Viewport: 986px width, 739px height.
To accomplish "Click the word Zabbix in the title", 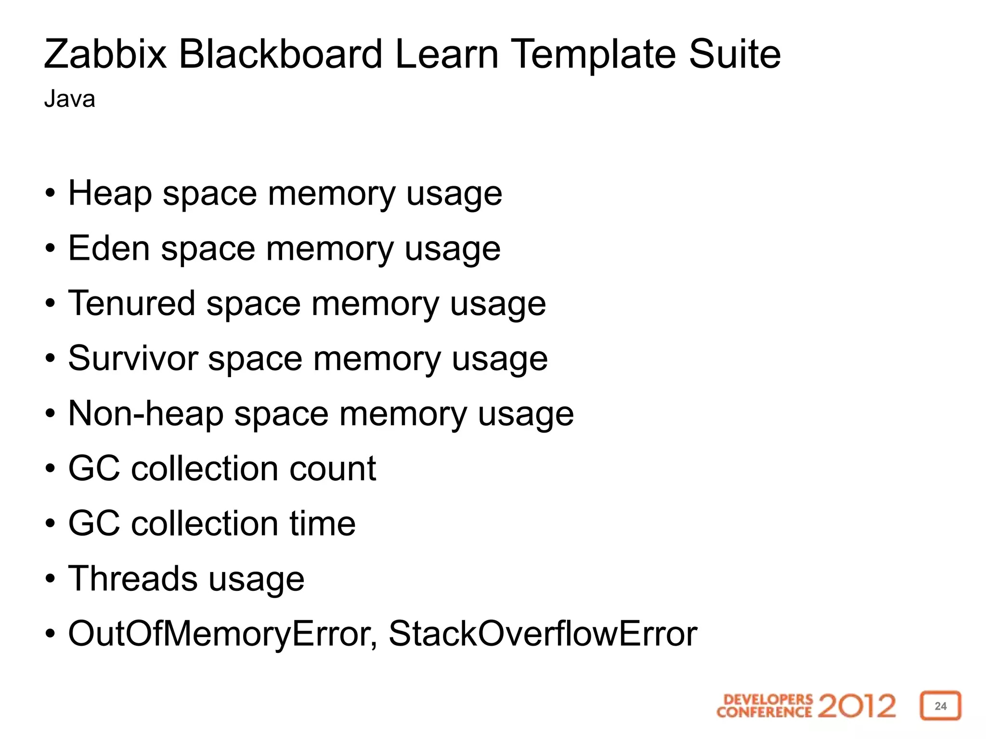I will [105, 54].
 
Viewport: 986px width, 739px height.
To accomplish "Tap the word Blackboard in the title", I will [281, 54].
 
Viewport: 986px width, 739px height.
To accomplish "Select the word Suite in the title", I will [734, 54].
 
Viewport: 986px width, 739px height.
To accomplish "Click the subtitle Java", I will [69, 99].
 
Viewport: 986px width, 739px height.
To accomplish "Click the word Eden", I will [109, 249].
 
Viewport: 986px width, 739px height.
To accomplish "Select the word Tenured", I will [131, 304].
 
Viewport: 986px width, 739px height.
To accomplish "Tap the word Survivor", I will [133, 358].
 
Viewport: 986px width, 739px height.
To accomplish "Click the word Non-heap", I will [146, 414].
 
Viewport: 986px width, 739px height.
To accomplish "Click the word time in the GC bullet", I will [322, 523].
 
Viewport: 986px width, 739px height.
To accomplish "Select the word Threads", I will [132, 578].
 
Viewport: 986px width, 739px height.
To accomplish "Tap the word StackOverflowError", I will [543, 634].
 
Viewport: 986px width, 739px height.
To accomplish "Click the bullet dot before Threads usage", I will [51, 579].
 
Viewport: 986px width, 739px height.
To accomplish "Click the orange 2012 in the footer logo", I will [856, 706].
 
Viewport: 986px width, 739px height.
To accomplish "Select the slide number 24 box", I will [940, 706].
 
